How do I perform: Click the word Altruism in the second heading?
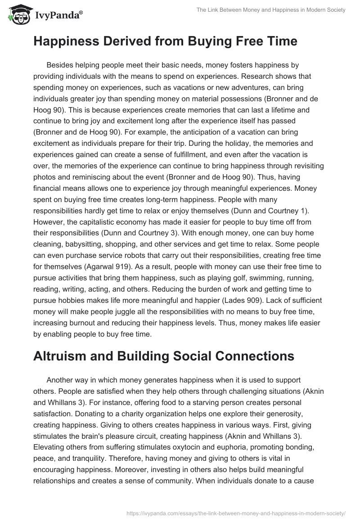click(x=61, y=356)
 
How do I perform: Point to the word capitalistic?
click(x=100, y=222)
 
